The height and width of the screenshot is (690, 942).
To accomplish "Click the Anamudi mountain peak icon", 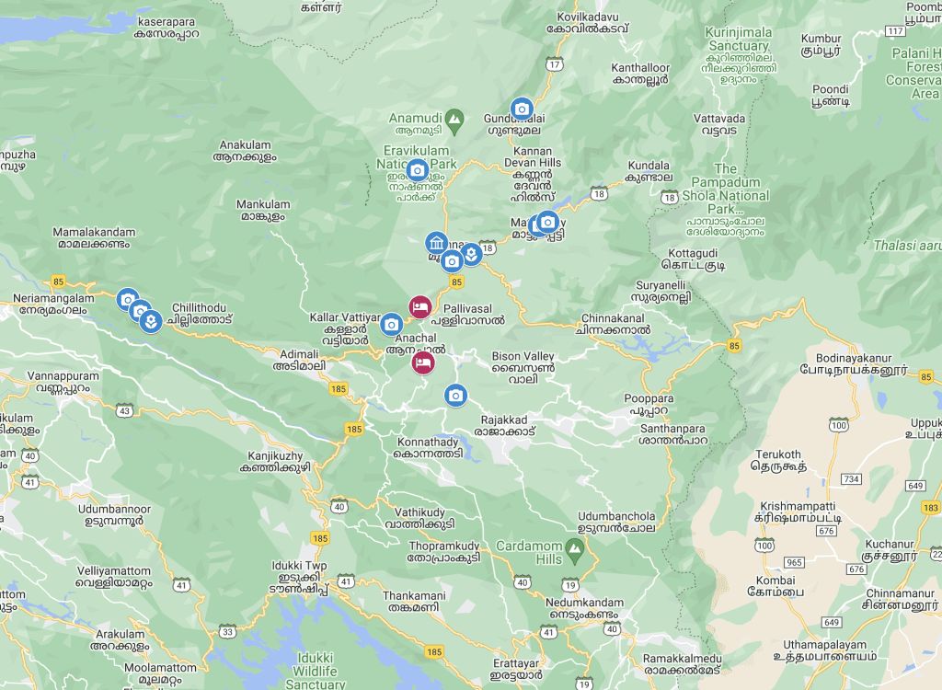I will tap(454, 119).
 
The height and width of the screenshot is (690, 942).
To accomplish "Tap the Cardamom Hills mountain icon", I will tap(575, 552).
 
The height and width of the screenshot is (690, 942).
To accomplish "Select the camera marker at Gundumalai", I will tap(522, 109).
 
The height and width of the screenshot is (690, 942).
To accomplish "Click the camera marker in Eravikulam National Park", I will tap(417, 170).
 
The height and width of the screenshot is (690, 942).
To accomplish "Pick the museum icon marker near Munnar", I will tap(436, 244).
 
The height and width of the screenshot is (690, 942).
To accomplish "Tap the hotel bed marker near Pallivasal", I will tap(419, 306).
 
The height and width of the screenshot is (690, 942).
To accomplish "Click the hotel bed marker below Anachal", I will tap(424, 363).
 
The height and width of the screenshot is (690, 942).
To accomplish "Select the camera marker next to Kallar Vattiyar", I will tap(391, 324).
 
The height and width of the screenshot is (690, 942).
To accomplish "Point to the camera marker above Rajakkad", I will tap(455, 396).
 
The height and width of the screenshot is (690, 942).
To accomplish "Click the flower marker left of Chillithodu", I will tap(151, 321).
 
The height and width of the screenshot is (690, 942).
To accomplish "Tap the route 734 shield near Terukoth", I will tap(851, 479).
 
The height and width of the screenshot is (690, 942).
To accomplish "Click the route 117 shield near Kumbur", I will tap(894, 31).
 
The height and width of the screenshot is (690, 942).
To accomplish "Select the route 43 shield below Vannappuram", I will tap(124, 409).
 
